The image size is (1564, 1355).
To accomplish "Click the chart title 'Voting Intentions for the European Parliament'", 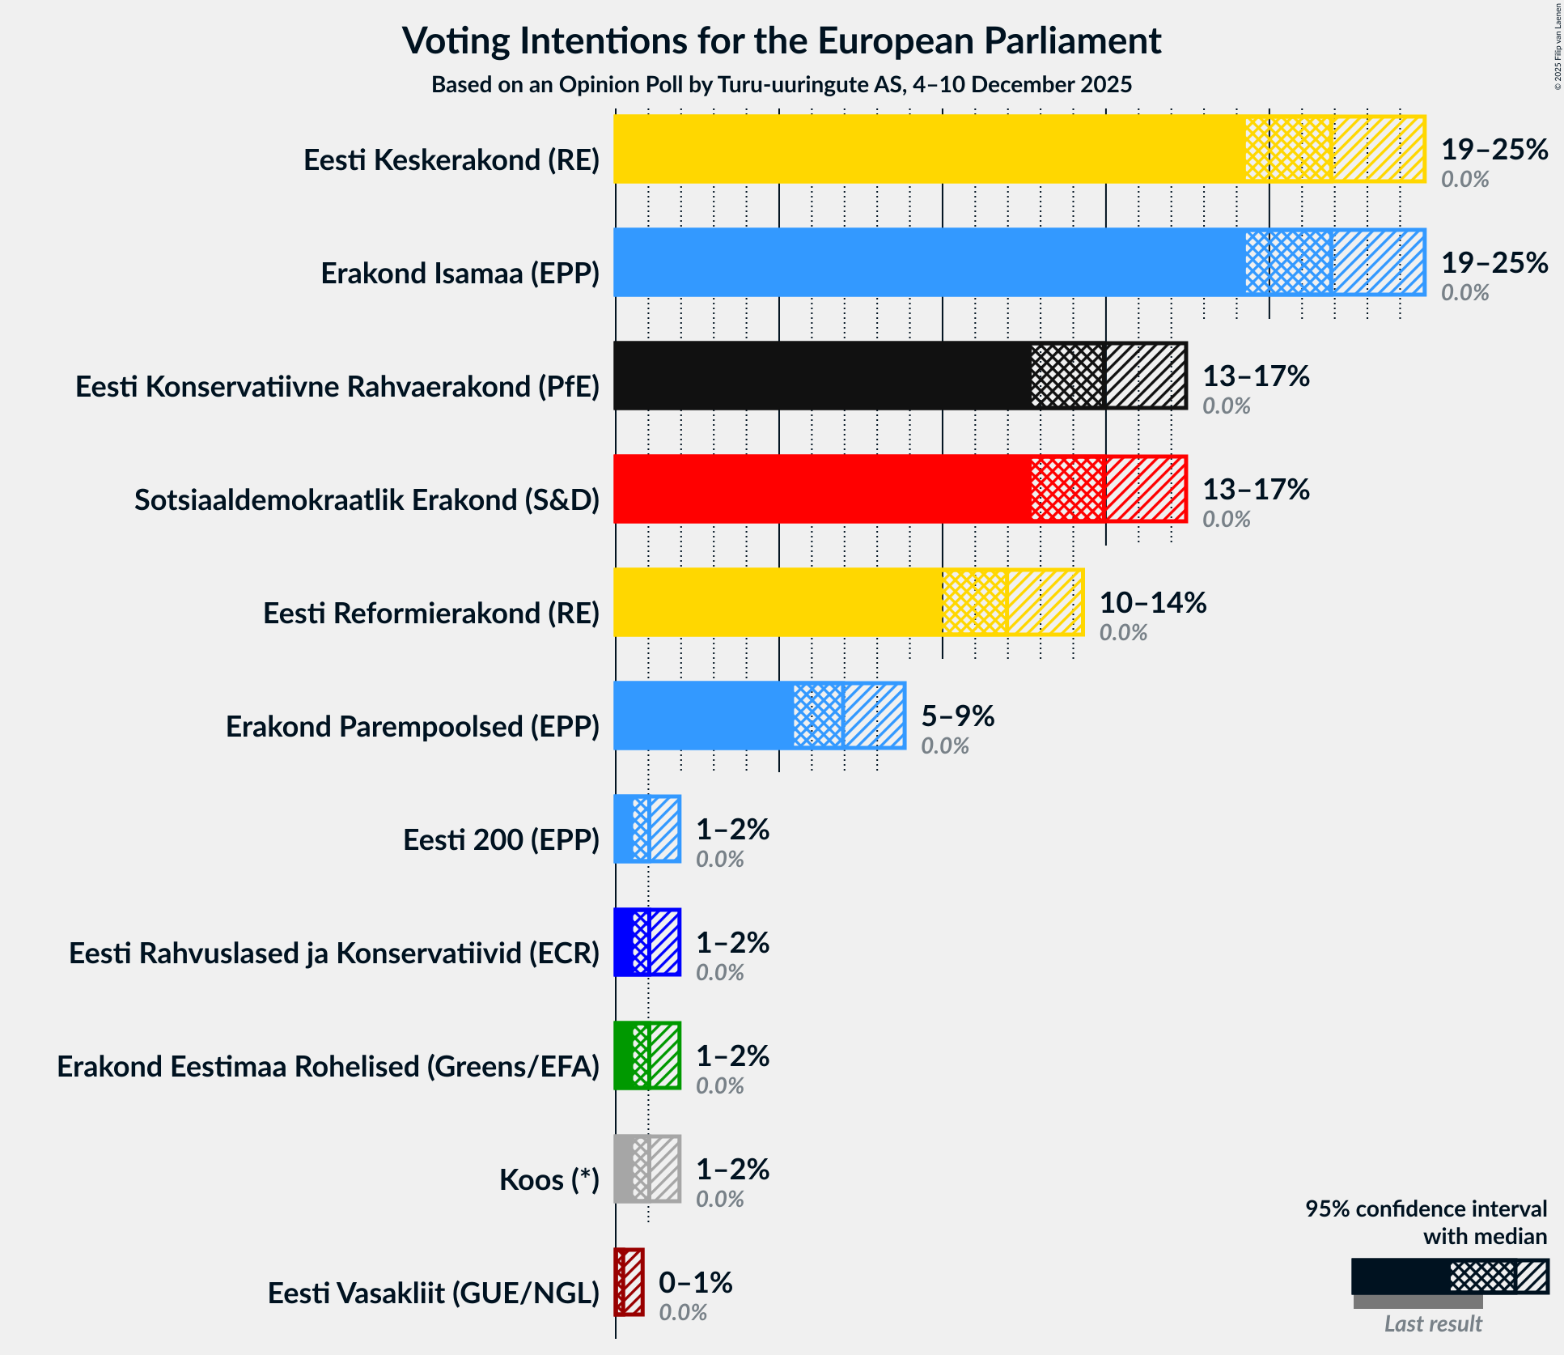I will point(782,41).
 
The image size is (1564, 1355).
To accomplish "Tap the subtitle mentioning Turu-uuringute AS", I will point(782,85).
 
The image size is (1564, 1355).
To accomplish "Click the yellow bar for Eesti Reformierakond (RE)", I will point(777,602).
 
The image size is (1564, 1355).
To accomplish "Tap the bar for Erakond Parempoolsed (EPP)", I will point(704,716).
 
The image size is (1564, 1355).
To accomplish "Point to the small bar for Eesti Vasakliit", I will point(629,1282).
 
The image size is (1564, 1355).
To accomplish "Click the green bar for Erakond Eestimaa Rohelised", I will point(646,1056).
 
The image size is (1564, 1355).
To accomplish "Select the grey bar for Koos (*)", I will point(646,1169).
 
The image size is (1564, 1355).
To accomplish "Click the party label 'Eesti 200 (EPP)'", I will point(501,840).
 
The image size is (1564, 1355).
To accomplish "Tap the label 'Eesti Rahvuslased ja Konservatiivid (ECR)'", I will point(334,954).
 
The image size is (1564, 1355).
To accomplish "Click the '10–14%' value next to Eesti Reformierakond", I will point(1152,603).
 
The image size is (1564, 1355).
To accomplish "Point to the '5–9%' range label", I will point(957,716).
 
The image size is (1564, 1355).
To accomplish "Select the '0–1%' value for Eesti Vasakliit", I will point(695,1283).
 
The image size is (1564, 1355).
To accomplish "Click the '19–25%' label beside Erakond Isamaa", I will point(1494,263).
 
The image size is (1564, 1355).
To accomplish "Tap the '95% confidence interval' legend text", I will point(1425,1209).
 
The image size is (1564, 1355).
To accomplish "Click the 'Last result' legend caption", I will point(1432,1323).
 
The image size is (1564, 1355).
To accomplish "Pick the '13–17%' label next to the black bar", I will point(1256,376).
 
